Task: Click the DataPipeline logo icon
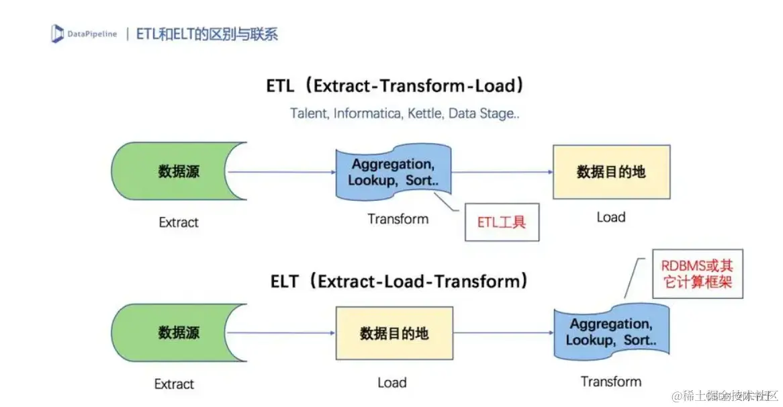[x=57, y=34]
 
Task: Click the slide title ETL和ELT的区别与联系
[x=207, y=34]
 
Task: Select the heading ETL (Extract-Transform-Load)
[x=396, y=86]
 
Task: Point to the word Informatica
[x=369, y=113]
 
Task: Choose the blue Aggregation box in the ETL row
[x=392, y=172]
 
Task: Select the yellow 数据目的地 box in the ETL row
[x=610, y=171]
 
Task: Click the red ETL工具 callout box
[x=501, y=222]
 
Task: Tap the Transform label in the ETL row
[x=398, y=219]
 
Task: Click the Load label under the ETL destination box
[x=610, y=217]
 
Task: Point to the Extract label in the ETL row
[x=179, y=222]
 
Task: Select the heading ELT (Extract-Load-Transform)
[x=399, y=281]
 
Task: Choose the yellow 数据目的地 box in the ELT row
[x=394, y=333]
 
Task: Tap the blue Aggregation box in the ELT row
[x=610, y=332]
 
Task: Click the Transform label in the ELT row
[x=610, y=381]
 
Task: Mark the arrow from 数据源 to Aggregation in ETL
[x=281, y=172]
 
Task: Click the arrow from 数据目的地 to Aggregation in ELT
[x=504, y=333]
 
